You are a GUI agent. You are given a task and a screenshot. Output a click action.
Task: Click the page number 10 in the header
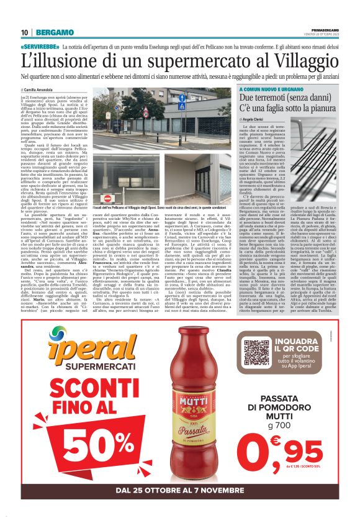tap(24, 32)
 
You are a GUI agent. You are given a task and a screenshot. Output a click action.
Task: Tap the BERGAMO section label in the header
tap(53, 32)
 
